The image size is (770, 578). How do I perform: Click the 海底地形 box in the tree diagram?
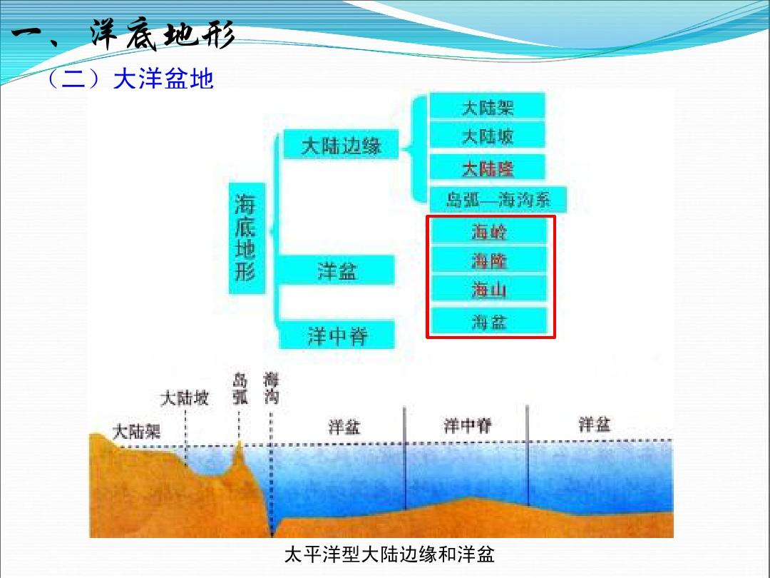tap(246, 238)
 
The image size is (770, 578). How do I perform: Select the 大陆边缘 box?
tap(342, 146)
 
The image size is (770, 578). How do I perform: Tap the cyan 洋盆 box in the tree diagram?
tap(337, 271)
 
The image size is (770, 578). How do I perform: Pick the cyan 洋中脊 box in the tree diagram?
tap(337, 335)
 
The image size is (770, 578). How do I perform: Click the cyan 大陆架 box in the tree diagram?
tap(488, 107)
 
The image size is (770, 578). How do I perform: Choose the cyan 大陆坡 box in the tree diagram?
tap(488, 136)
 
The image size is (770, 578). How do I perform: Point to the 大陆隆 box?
tap(488, 168)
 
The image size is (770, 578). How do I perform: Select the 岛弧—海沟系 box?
tap(498, 199)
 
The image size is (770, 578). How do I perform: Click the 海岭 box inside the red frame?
tap(489, 231)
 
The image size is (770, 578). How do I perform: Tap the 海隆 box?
tap(489, 261)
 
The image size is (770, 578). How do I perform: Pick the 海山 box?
tap(489, 290)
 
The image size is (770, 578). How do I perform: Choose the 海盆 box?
tap(489, 321)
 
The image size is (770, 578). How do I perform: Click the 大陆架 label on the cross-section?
tap(137, 431)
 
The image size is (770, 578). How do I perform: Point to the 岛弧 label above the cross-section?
tap(240, 389)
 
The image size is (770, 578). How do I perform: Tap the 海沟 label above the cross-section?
tap(271, 389)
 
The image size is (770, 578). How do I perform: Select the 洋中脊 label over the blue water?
tap(467, 426)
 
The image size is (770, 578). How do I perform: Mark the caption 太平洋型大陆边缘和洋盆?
tap(389, 554)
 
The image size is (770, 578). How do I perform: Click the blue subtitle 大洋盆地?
tap(163, 79)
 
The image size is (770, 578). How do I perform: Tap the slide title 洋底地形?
tap(163, 36)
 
